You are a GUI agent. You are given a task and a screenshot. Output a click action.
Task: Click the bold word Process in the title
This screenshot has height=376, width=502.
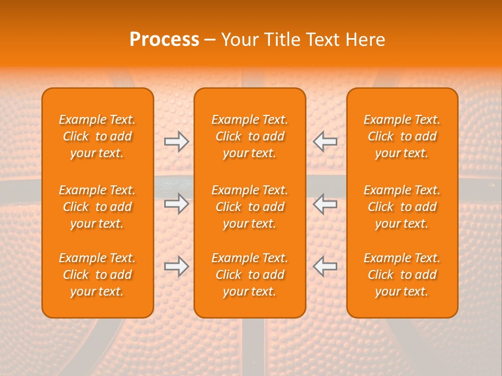coord(164,40)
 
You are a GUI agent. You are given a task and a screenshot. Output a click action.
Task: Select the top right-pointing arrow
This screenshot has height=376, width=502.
coord(177,142)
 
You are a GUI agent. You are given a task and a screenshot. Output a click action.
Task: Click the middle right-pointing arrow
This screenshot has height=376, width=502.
coord(177,204)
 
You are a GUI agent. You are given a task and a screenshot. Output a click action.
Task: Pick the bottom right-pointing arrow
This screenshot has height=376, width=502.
coord(177,266)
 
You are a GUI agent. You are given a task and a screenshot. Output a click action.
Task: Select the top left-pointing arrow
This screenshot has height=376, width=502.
coord(325,142)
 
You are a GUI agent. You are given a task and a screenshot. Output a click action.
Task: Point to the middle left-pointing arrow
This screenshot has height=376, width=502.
coord(325,204)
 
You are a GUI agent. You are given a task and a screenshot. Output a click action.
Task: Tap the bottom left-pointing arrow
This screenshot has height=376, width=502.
coord(325,266)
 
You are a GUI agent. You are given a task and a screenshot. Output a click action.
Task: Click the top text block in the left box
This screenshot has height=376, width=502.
coord(97,136)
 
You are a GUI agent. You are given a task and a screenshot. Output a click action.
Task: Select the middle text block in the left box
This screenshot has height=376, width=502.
coord(97,207)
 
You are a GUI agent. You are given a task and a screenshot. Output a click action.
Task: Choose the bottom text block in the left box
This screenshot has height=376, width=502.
coord(97,275)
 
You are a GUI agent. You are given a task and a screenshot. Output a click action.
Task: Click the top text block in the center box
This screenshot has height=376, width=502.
coord(249,136)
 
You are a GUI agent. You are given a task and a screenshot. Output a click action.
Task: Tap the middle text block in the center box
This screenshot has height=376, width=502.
coord(249,207)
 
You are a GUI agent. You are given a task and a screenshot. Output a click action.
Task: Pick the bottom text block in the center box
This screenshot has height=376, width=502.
coord(249,275)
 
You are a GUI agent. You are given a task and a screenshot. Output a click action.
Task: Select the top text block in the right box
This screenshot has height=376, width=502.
coord(402,136)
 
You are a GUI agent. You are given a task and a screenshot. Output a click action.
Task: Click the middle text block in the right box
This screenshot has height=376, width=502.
coord(402,207)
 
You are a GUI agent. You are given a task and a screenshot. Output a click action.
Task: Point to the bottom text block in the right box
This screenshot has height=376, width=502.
coord(402,275)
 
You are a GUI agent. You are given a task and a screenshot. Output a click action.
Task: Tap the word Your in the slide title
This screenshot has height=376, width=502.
coord(238,40)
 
